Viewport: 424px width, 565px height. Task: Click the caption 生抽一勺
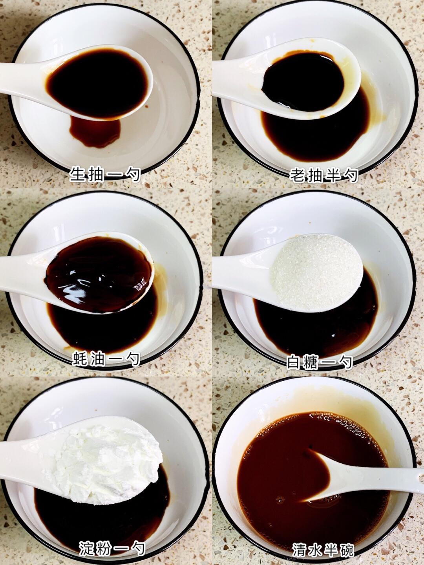coord(105,175)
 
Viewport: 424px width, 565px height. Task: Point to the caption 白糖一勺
coord(319,362)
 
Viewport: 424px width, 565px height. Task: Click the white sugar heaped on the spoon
coord(316,272)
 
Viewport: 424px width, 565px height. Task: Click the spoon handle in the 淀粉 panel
coord(23,458)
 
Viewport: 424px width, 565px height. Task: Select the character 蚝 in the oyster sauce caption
coord(80,358)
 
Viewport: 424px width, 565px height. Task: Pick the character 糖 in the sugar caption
coord(311,362)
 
